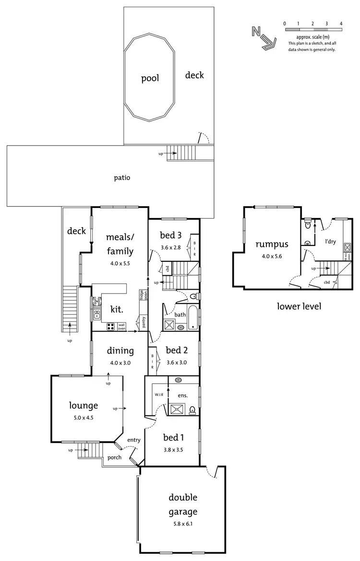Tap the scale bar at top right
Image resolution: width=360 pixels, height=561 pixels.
312,30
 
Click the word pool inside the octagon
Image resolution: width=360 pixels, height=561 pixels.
150,78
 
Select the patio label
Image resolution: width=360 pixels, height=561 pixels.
122,177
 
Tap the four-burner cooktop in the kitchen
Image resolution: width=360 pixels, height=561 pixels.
110,327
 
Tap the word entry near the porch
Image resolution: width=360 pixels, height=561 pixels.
133,440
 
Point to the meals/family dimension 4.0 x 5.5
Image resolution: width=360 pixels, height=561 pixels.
120,263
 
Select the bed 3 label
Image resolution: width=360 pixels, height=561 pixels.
170,235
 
